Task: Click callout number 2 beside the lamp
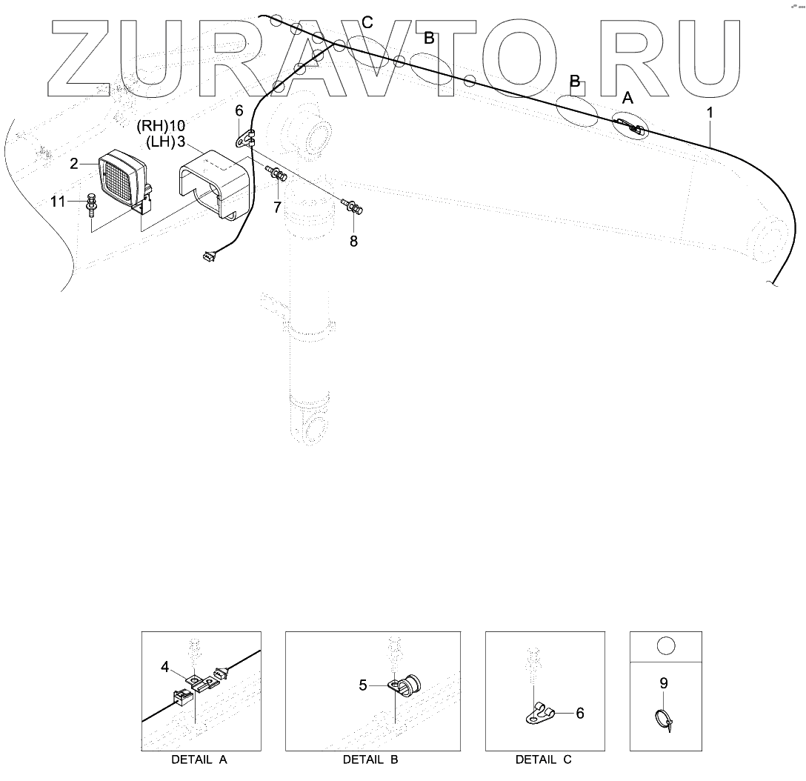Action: pyautogui.click(x=74, y=164)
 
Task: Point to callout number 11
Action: pyautogui.click(x=58, y=201)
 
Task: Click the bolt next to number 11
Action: pyautogui.click(x=91, y=204)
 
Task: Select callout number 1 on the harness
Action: pyautogui.click(x=710, y=113)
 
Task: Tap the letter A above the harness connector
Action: pyautogui.click(x=627, y=98)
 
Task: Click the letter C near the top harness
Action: pyautogui.click(x=367, y=22)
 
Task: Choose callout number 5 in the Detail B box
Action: pyautogui.click(x=363, y=685)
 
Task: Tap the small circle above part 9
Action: pyautogui.click(x=666, y=645)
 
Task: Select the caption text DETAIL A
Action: pyautogui.click(x=199, y=760)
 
